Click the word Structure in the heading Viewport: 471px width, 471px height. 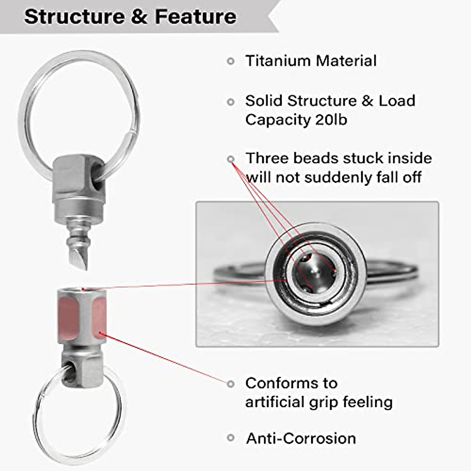click(73, 16)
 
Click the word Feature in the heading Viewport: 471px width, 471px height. click(195, 16)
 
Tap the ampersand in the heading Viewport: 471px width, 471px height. click(139, 16)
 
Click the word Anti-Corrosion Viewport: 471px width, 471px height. click(301, 438)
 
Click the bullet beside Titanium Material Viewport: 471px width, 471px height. click(231, 61)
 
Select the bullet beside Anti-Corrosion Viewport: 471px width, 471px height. click(231, 438)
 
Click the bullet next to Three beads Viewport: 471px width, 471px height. click(231, 159)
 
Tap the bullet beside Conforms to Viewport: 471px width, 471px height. click(231, 383)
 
